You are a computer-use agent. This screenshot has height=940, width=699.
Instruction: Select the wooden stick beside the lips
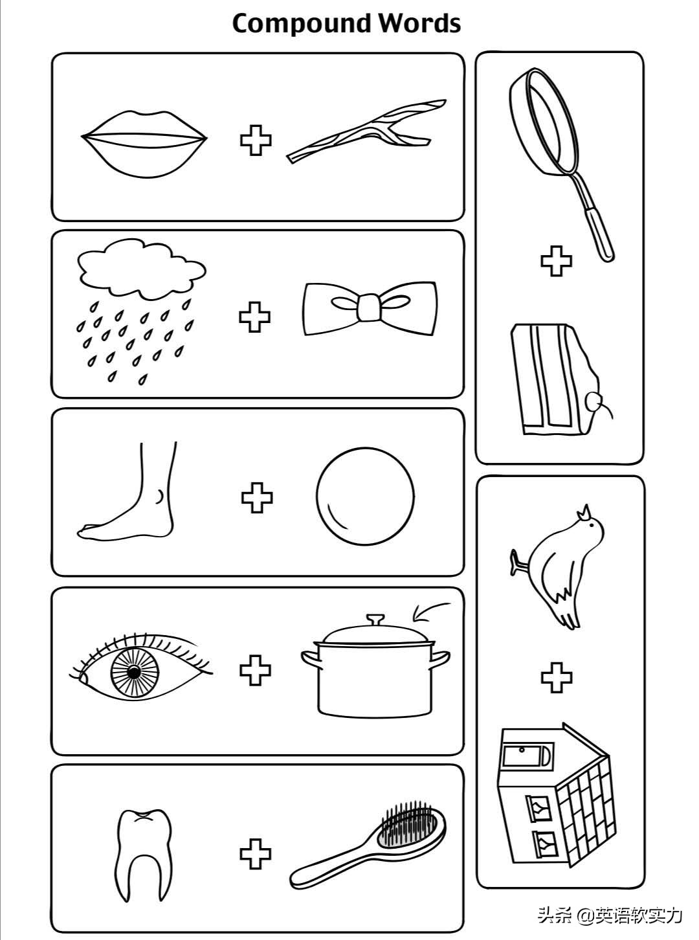pos(367,130)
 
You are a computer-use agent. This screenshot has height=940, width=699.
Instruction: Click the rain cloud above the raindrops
pos(142,268)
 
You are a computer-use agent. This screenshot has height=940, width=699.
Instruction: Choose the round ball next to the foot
pos(365,496)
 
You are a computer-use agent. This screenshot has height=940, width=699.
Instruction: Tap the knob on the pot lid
pos(375,619)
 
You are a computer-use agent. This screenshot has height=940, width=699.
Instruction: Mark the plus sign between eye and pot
pos(255,671)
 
